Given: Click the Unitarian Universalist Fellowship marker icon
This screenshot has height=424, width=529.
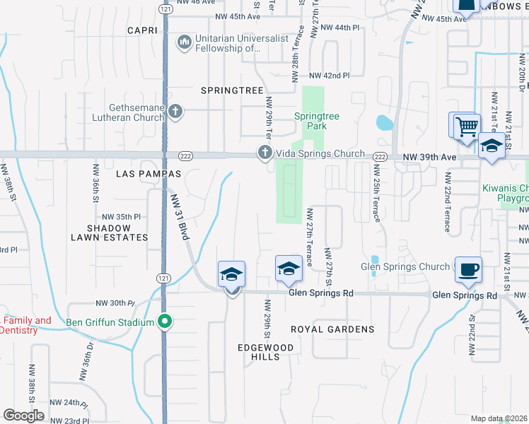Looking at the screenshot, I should tap(185, 42).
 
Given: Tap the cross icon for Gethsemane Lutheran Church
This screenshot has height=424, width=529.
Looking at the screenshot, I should tap(176, 112).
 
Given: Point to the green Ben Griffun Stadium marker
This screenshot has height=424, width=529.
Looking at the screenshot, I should tap(165, 322).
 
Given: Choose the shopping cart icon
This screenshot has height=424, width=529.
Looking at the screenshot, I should tap(466, 128).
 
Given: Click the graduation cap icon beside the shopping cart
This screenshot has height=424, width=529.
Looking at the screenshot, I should tap(491, 147).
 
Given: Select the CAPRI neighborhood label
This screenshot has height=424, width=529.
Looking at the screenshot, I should tap(146, 30).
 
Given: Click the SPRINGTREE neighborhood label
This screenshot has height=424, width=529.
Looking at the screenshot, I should tap(232, 90).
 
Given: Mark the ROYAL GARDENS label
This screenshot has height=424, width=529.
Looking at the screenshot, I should tap(332, 329).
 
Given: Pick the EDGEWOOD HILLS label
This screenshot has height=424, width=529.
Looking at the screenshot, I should tap(260, 351).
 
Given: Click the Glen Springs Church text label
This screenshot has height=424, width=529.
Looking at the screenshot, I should tap(405, 266).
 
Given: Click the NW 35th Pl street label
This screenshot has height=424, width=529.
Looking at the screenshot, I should tap(122, 216).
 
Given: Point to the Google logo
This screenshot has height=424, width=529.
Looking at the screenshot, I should tap(23, 416).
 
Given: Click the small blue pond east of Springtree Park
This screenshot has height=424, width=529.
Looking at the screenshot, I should tap(384, 123).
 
